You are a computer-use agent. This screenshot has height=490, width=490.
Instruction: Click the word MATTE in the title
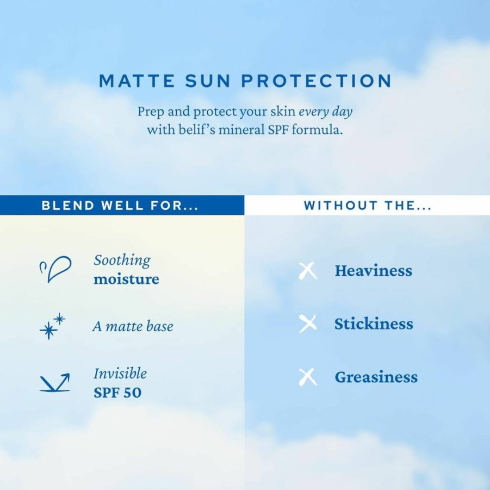pyautogui.click(x=137, y=81)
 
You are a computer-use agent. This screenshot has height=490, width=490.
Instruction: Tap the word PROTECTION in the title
pyautogui.click(x=317, y=81)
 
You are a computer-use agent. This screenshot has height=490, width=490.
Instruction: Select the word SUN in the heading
pyautogui.click(x=208, y=81)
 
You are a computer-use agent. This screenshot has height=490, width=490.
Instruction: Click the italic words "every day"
pyautogui.click(x=326, y=112)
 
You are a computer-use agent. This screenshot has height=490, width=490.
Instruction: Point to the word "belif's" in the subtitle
pyautogui.click(x=197, y=129)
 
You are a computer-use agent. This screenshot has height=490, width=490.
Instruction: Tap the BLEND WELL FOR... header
pyautogui.click(x=120, y=206)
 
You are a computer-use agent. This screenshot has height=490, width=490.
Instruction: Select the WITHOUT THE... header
pyautogui.click(x=368, y=206)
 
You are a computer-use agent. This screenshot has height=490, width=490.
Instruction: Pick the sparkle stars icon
pyautogui.click(x=53, y=326)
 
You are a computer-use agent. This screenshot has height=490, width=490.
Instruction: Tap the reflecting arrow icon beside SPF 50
pyautogui.click(x=55, y=382)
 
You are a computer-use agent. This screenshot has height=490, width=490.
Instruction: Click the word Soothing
pyautogui.click(x=122, y=260)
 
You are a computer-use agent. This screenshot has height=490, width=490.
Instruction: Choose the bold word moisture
pyautogui.click(x=126, y=279)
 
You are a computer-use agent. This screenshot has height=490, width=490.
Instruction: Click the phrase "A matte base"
pyautogui.click(x=133, y=326)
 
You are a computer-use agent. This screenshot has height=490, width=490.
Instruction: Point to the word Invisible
pyautogui.click(x=120, y=374)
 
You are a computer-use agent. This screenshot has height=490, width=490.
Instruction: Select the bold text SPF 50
pyautogui.click(x=117, y=393)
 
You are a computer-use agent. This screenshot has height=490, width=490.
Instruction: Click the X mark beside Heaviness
pyautogui.click(x=308, y=271)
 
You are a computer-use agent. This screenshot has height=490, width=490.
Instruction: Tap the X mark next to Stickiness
pyautogui.click(x=308, y=324)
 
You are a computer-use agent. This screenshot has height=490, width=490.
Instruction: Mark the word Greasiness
pyautogui.click(x=376, y=377)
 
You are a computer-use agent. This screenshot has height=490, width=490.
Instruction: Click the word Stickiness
pyautogui.click(x=374, y=324)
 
